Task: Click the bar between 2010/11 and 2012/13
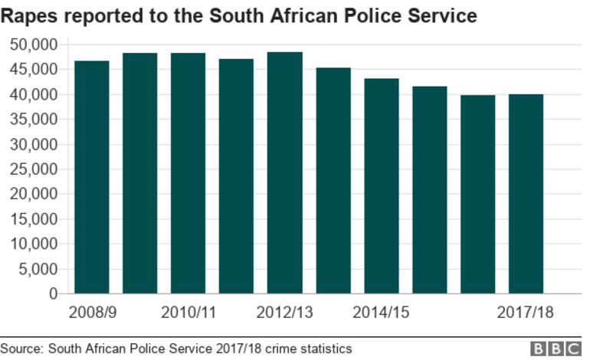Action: pos(236,176)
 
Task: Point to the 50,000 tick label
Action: pos(34,44)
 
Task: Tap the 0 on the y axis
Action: pos(53,293)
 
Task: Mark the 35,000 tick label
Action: pos(34,119)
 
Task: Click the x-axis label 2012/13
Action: pos(284,313)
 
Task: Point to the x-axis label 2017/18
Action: pos(525,313)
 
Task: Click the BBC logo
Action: pos(556,349)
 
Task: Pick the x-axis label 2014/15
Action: pos(381,313)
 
